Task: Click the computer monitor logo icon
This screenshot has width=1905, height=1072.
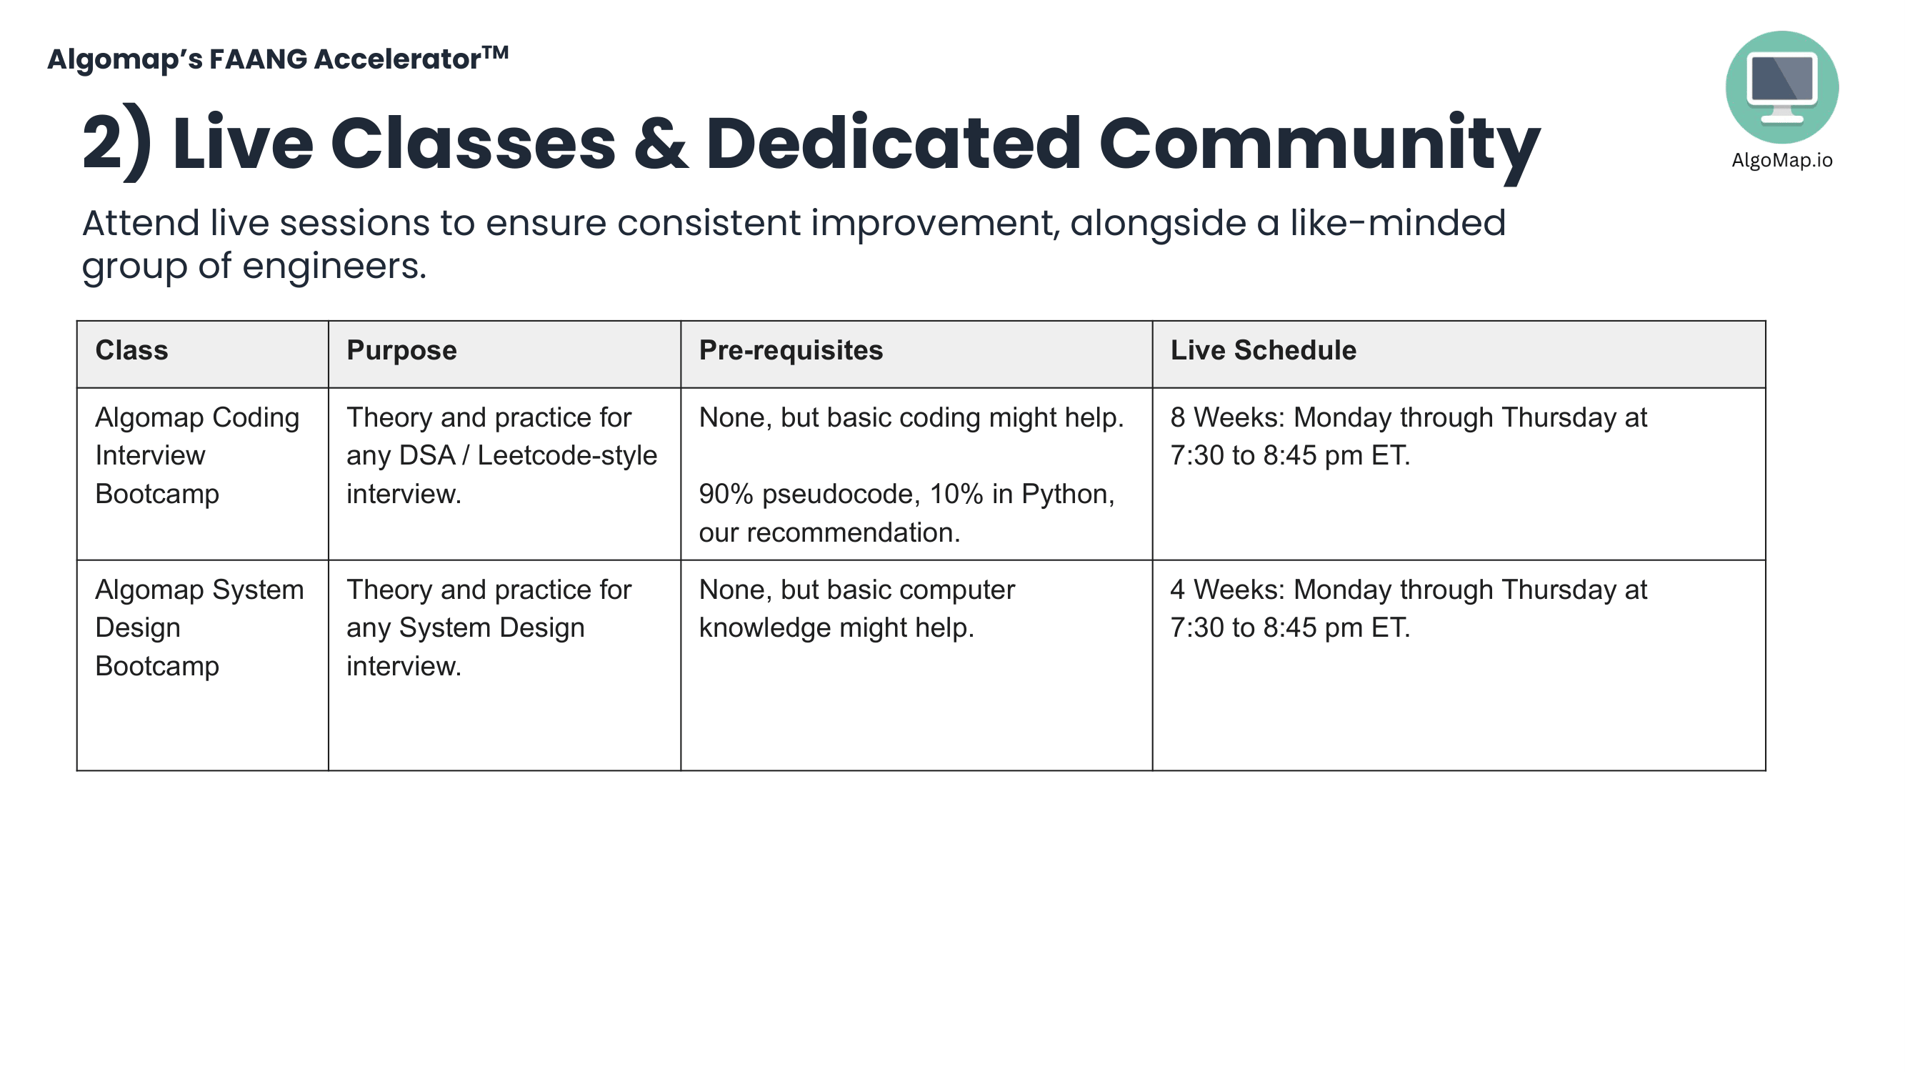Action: (1781, 86)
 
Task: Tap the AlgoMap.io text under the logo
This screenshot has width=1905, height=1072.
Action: (1781, 161)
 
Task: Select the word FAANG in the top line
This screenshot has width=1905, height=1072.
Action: (257, 59)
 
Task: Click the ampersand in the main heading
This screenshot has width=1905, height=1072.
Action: (661, 144)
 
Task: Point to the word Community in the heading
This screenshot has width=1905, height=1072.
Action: (1319, 144)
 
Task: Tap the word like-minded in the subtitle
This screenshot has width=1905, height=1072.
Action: (1397, 223)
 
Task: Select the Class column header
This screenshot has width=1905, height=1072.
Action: (131, 351)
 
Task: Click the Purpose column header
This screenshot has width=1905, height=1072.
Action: (401, 351)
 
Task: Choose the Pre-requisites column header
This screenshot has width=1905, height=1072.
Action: (791, 351)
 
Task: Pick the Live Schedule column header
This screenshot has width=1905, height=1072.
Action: (1262, 351)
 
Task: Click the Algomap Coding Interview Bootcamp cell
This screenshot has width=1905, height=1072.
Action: (196, 456)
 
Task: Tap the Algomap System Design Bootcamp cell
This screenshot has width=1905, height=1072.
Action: (199, 627)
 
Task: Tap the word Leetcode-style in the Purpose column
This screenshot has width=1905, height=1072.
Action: (566, 456)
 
